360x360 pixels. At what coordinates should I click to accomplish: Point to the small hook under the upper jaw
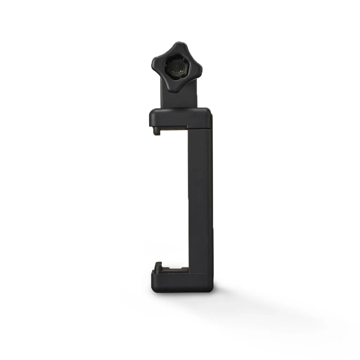tap(157, 131)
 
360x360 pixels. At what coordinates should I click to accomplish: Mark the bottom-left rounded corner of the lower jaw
tap(154, 289)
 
